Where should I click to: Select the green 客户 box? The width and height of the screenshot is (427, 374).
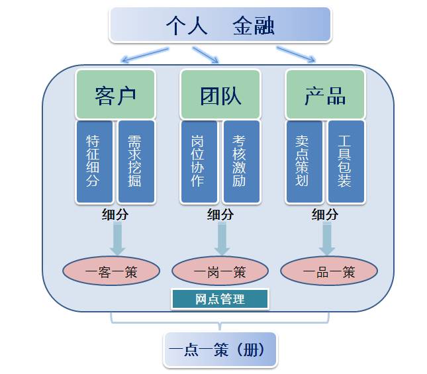click(115, 94)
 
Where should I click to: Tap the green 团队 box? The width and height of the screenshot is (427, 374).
click(220, 94)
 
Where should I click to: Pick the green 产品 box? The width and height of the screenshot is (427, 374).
click(325, 94)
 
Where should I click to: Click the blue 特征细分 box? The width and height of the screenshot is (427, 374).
click(95, 162)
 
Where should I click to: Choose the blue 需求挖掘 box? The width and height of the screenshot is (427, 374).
click(136, 162)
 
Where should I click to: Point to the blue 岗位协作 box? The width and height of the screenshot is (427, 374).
click(199, 162)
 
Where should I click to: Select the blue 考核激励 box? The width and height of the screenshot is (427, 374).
click(240, 162)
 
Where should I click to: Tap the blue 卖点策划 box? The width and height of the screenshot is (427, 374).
click(304, 162)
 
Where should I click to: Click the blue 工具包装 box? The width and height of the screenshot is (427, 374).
click(346, 162)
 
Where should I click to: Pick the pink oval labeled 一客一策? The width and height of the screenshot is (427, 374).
click(111, 271)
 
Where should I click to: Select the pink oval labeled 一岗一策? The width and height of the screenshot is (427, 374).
click(220, 271)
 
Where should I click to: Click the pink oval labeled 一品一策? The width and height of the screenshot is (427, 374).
click(329, 271)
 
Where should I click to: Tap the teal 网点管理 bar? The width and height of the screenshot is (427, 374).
click(220, 299)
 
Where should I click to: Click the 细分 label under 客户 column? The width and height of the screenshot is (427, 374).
click(115, 214)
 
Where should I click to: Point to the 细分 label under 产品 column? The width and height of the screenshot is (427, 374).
click(325, 214)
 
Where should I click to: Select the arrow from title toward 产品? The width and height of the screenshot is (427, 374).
click(296, 54)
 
